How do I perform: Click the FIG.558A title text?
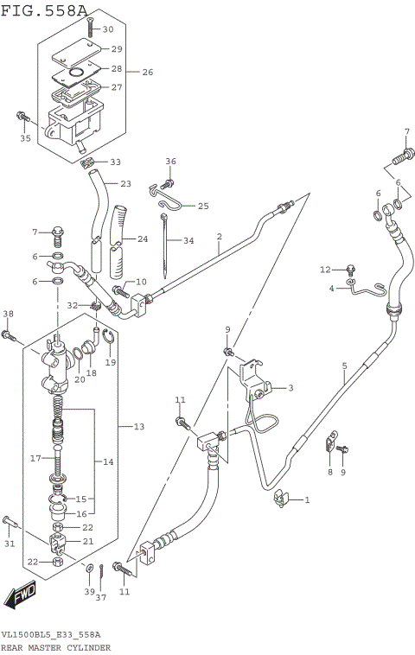point(44,10)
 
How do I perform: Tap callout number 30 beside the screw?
point(108,29)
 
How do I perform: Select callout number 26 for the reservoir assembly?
point(147,72)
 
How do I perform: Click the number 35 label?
point(25,138)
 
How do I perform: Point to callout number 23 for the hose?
point(125,183)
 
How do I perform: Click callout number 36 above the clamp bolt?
point(170,162)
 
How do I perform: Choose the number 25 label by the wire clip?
point(203,206)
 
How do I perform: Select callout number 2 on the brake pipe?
point(220,236)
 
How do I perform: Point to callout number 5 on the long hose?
point(343,366)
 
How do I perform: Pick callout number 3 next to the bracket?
point(290,388)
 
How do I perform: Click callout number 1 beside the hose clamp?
point(306,499)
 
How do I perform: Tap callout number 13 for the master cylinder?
point(139,427)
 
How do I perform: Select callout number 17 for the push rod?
point(35,458)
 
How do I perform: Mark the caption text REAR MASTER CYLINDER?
point(55,647)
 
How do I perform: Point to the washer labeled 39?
point(90,568)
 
